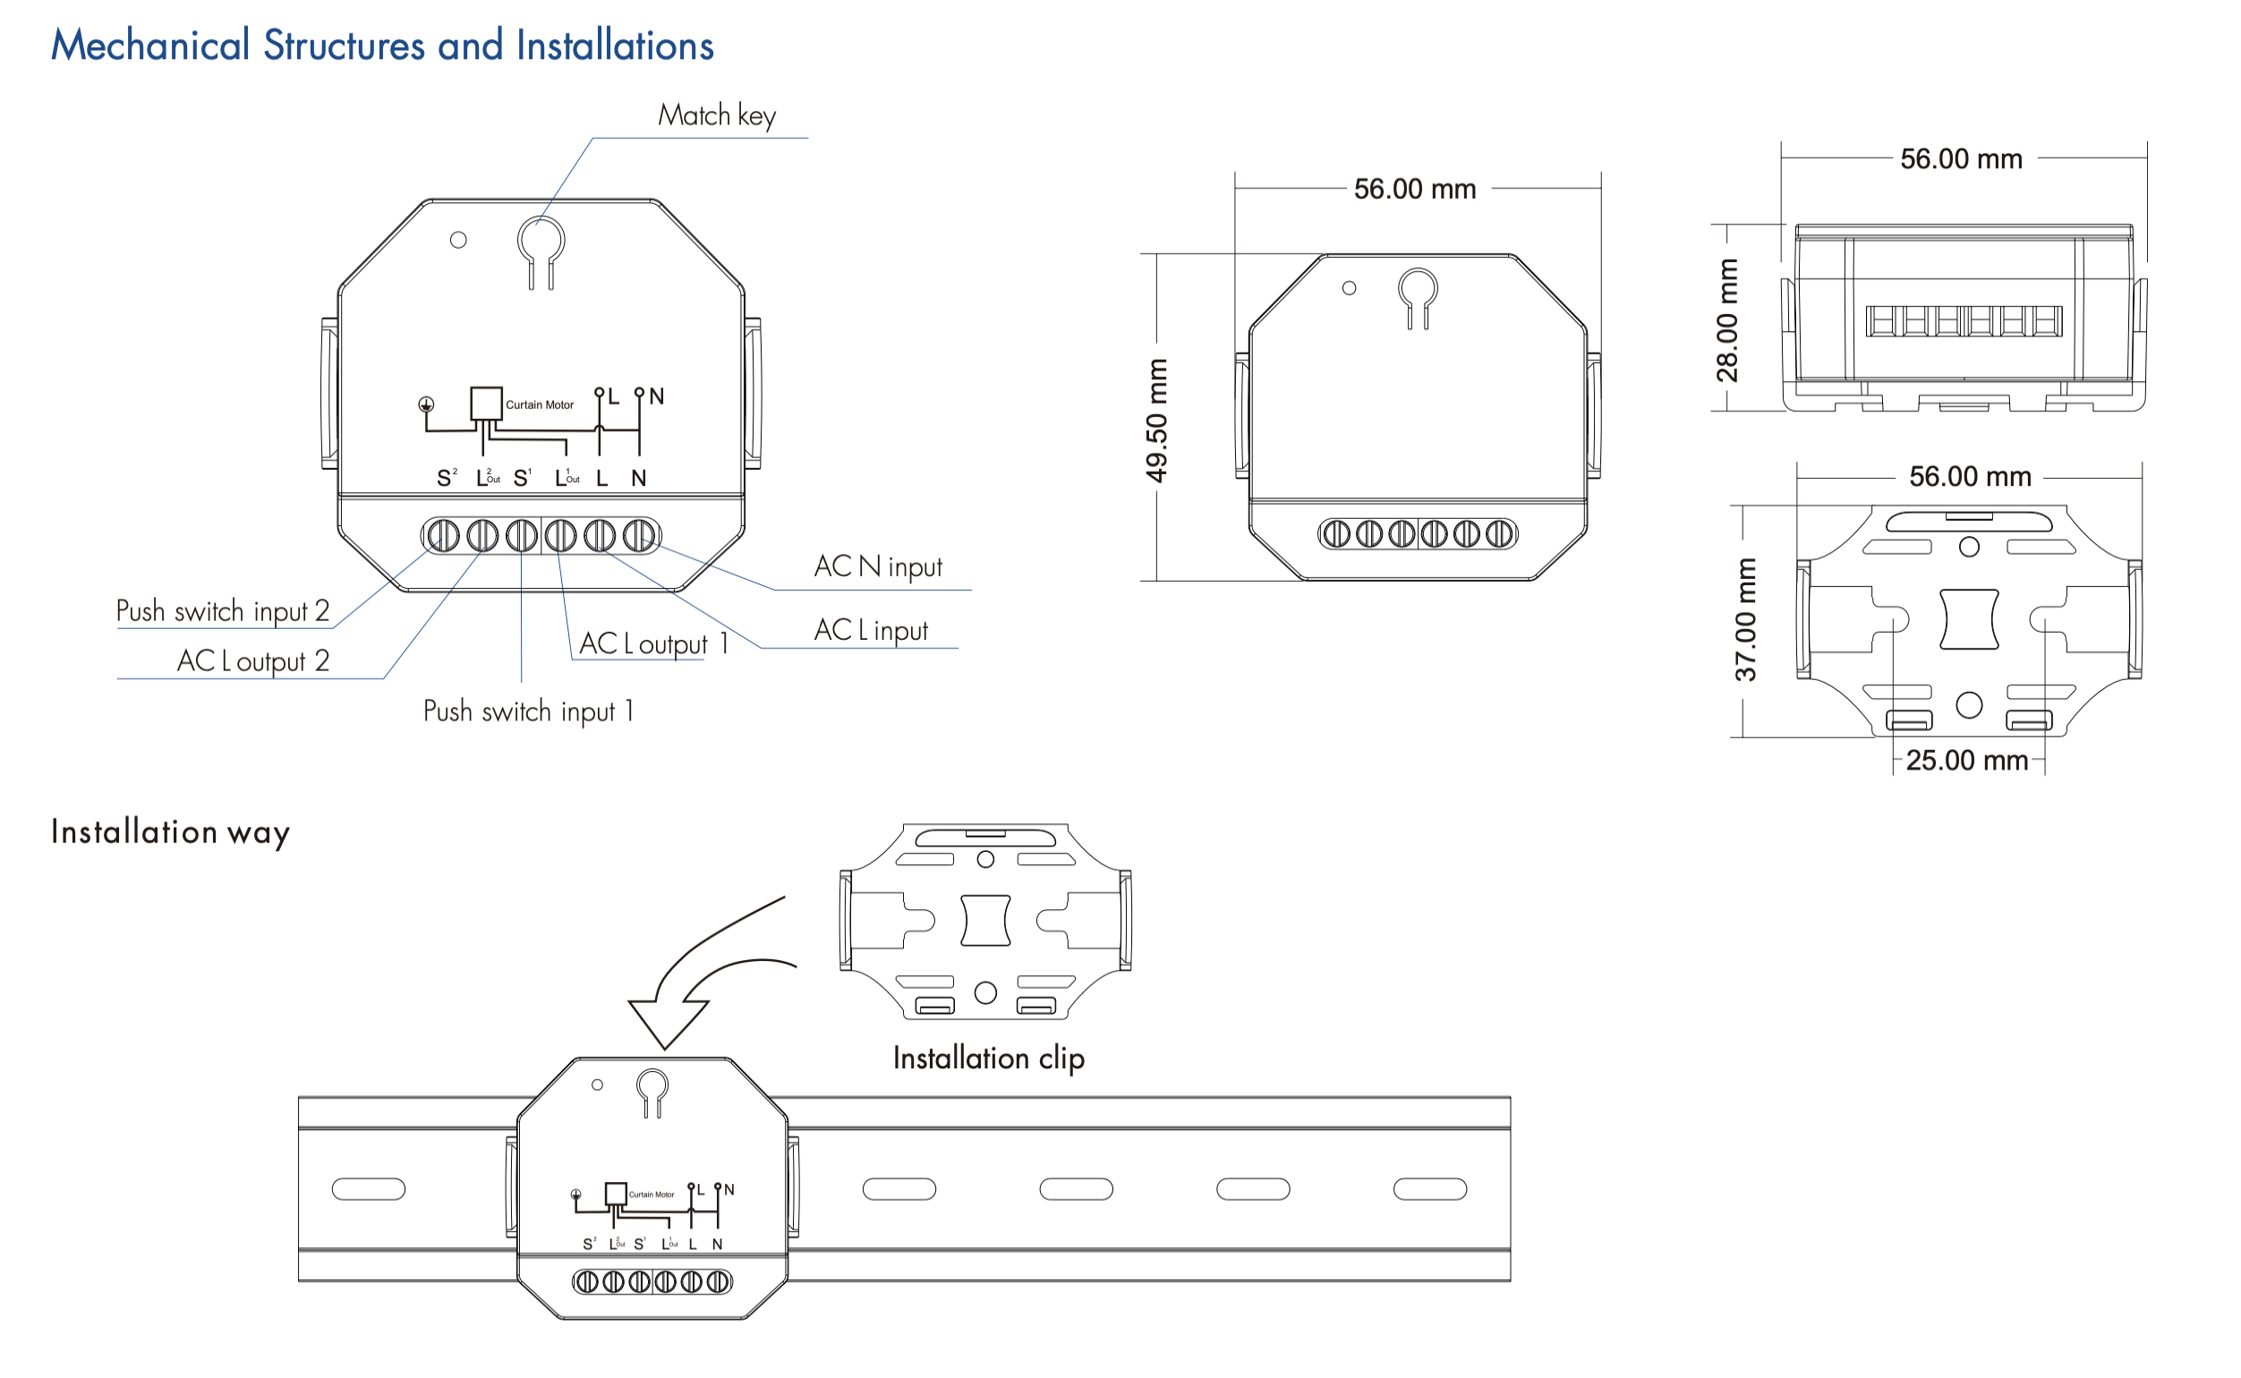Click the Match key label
[x=716, y=115]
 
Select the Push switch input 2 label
[x=222, y=610]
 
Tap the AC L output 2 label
[x=252, y=660]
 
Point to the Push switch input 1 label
[x=528, y=710]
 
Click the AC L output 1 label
[x=653, y=643]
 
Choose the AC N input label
[x=878, y=567]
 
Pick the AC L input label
[x=870, y=630]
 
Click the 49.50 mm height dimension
[x=1155, y=421]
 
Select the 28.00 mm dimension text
[x=1726, y=320]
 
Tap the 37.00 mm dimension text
[x=1744, y=620]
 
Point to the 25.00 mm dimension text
[x=1965, y=760]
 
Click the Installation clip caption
[x=988, y=1058]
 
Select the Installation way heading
[x=170, y=832]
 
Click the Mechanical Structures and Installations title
[x=382, y=46]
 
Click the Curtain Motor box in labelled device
[x=486, y=404]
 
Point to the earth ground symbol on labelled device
[x=426, y=404]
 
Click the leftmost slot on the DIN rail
[x=368, y=1188]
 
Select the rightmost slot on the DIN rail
[x=1429, y=1188]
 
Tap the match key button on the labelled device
[x=541, y=242]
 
